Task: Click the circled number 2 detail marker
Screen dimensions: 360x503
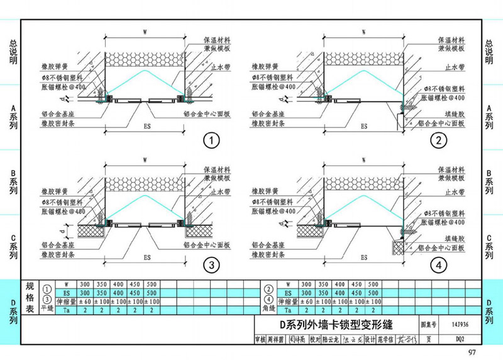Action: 439,140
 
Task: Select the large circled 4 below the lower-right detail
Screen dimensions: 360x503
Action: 439,266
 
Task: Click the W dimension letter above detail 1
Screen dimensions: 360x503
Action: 145,30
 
